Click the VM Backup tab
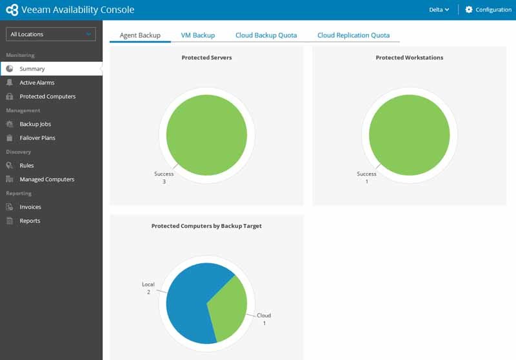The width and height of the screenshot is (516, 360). [x=198, y=35]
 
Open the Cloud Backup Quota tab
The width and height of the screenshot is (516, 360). [x=266, y=35]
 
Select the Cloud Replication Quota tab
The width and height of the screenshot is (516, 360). [x=353, y=35]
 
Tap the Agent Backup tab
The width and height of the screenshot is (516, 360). [x=140, y=35]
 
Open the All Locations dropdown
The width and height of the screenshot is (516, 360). [x=51, y=34]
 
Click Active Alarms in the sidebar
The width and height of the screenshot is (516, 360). [x=37, y=83]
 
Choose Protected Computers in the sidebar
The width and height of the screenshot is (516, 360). [x=47, y=97]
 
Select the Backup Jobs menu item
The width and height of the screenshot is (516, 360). [x=35, y=124]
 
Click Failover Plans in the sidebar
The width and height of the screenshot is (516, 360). [x=38, y=138]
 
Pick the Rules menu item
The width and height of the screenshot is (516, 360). [x=26, y=166]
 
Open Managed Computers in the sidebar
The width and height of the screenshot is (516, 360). [x=46, y=179]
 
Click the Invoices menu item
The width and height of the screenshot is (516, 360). [x=30, y=207]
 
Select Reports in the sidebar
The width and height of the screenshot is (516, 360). [x=30, y=221]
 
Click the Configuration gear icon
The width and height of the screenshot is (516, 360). [x=469, y=10]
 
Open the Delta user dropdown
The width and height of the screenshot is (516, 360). [x=439, y=10]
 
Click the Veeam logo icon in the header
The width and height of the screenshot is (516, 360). [x=12, y=10]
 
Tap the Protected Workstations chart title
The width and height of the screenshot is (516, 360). [x=409, y=57]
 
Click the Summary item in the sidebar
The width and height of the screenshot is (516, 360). [x=32, y=69]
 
